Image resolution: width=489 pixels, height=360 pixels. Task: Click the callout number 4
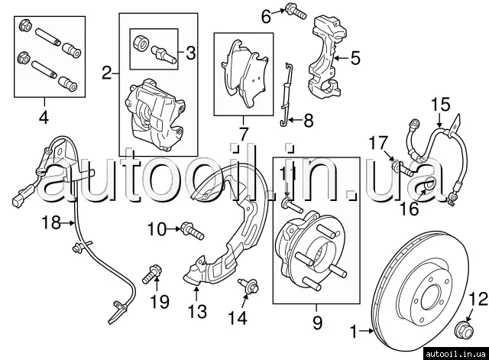pyautogui.click(x=43, y=118)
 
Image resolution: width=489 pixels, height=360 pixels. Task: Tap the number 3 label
pyautogui.click(x=191, y=53)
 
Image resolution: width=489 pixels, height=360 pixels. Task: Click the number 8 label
pyautogui.click(x=308, y=119)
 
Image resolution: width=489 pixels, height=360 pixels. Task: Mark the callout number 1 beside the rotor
pyautogui.click(x=353, y=332)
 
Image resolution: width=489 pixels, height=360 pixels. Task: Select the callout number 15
pyautogui.click(x=440, y=105)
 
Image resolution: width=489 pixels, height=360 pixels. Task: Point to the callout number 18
pyautogui.click(x=51, y=223)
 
